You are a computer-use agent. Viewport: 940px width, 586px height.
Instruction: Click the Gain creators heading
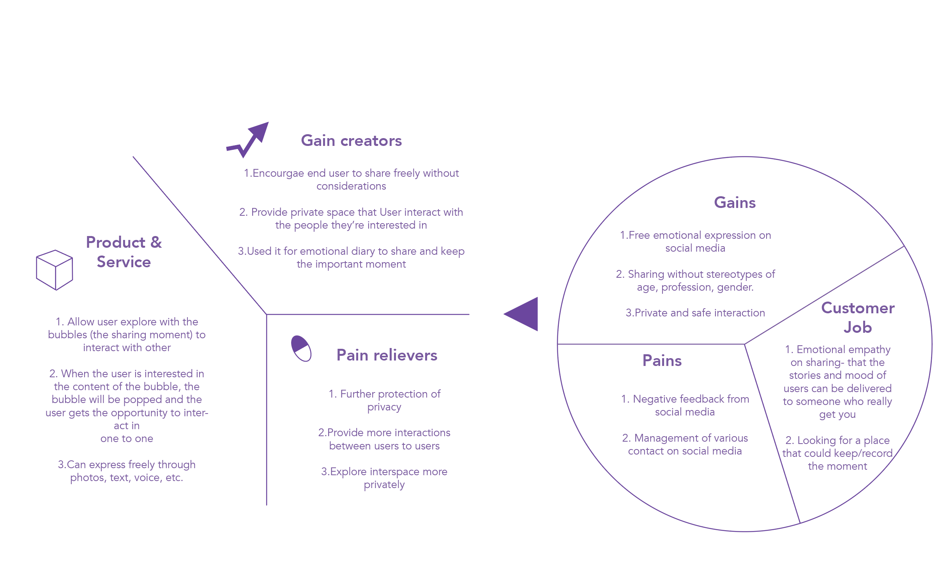[x=351, y=141]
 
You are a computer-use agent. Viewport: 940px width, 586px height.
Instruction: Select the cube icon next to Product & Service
[x=55, y=270]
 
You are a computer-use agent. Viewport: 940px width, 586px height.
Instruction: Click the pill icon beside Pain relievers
[x=301, y=348]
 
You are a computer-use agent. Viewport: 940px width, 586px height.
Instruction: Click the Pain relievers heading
[x=387, y=355]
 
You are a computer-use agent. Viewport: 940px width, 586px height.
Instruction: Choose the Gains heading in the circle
[x=735, y=203]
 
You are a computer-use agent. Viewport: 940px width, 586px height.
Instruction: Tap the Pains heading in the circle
[x=662, y=361]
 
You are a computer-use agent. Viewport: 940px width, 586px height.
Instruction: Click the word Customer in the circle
[x=857, y=308]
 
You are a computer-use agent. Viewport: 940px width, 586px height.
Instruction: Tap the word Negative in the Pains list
[x=653, y=399]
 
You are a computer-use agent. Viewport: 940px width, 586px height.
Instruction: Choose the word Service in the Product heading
[x=124, y=262]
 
